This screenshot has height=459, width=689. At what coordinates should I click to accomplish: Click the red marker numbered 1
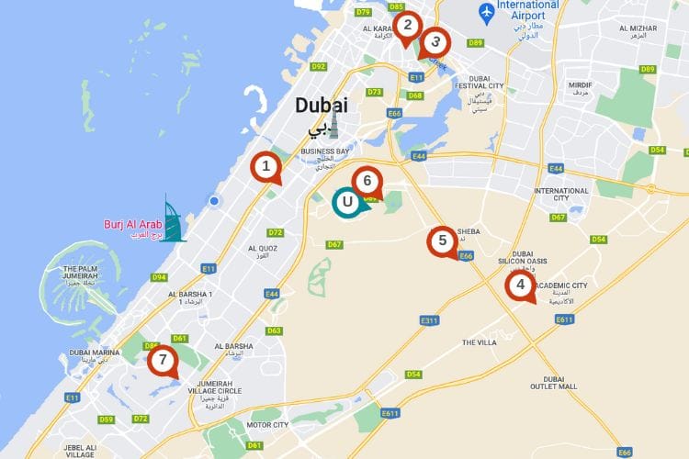(x=266, y=167)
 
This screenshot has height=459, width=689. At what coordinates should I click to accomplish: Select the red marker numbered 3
(x=435, y=42)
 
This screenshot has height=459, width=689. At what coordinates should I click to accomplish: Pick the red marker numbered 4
(x=521, y=285)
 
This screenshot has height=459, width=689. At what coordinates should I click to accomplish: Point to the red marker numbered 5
(x=443, y=241)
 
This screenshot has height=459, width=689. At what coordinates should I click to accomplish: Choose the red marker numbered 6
(x=367, y=182)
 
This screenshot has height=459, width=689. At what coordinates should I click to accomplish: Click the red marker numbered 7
(x=163, y=360)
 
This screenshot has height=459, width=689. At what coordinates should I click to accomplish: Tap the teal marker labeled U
(x=346, y=202)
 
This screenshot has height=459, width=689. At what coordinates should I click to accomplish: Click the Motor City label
(x=267, y=425)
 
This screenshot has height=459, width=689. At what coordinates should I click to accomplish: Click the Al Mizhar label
(x=638, y=28)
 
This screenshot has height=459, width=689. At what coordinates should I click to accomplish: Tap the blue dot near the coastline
(x=214, y=201)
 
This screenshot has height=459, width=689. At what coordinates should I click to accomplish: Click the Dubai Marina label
(x=95, y=353)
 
